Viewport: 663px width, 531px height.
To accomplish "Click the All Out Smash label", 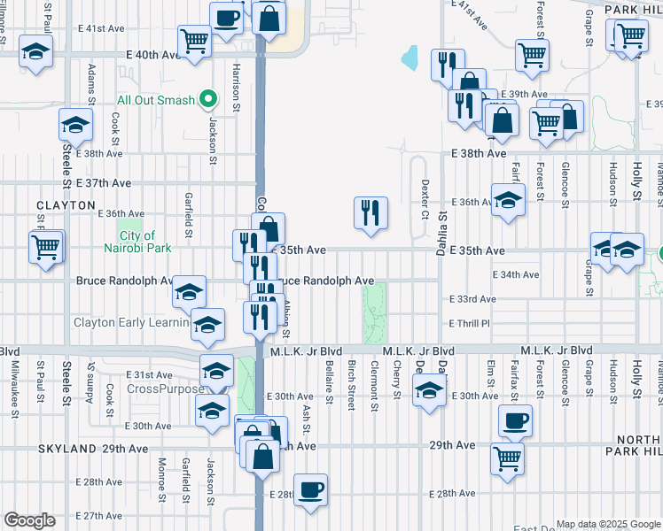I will click(155, 100).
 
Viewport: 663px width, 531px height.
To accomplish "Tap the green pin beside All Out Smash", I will click(208, 99).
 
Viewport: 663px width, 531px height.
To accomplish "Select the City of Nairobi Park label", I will click(137, 242).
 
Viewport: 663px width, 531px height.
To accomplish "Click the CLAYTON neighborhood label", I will click(66, 205).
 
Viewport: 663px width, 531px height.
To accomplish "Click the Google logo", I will click(29, 520).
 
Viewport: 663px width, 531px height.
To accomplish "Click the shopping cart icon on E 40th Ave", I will click(193, 40).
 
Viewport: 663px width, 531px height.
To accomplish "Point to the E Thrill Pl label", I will click(469, 324).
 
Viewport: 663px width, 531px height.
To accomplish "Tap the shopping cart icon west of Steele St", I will click(46, 247).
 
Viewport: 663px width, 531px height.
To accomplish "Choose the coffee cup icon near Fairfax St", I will click(514, 420).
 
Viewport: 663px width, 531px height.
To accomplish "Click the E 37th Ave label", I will click(103, 183).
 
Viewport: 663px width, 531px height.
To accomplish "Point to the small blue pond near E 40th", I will click(409, 58).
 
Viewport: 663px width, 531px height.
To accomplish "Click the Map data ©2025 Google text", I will click(608, 524).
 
